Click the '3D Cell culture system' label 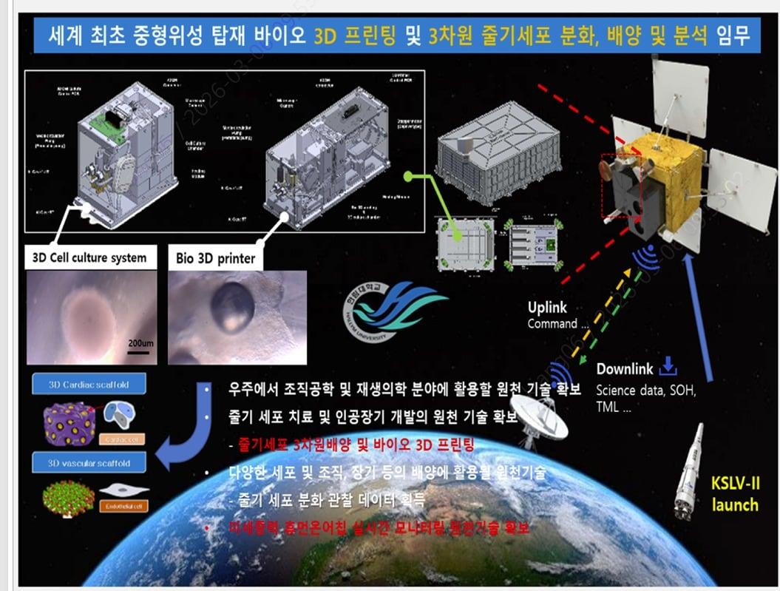(90, 259)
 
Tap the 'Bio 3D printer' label (216, 259)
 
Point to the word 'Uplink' (548, 308)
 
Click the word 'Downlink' (624, 368)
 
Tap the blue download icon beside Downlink (668, 366)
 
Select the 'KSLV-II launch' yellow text (735, 495)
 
